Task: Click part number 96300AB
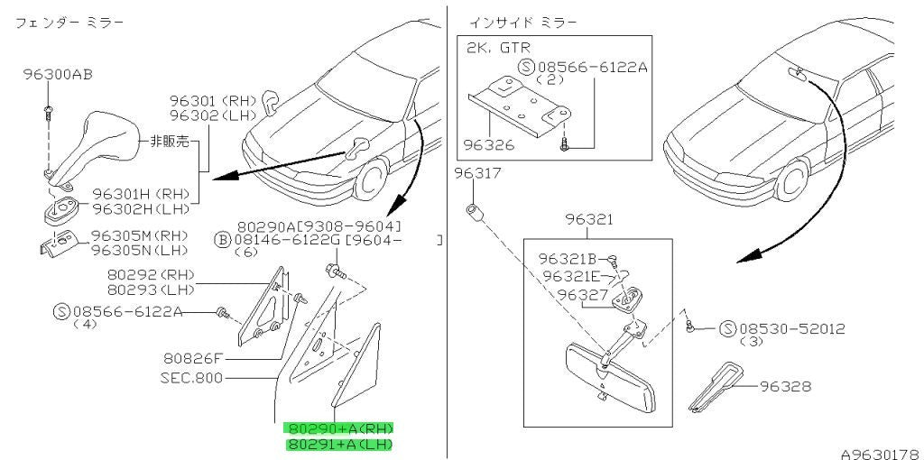[58, 75]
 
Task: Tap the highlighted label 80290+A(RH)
[339, 428]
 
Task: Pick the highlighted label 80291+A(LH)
[339, 444]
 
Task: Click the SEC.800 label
[191, 377]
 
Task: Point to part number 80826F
[195, 357]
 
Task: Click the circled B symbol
[222, 240]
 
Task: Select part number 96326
[488, 144]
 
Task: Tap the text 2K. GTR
[498, 49]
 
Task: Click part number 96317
[478, 173]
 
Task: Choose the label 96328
[785, 386]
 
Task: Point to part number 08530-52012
[791, 328]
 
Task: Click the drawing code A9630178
[881, 454]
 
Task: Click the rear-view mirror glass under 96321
[610, 380]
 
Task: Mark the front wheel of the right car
[792, 180]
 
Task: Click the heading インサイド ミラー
[523, 23]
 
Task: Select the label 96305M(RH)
[140, 235]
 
